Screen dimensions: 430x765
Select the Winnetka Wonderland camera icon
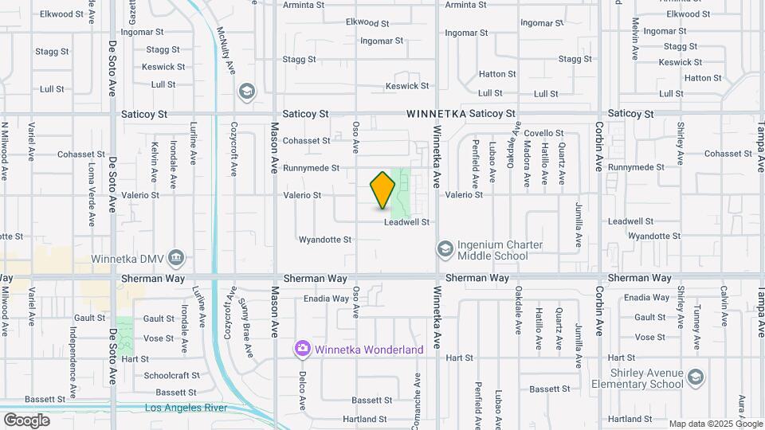pos(302,348)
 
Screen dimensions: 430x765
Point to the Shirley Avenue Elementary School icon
pos(696,376)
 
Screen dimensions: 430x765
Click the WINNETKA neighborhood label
pos(435,114)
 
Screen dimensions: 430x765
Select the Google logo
pos(26,420)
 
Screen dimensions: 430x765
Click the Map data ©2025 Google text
pos(715,424)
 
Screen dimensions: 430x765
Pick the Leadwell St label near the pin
pos(406,222)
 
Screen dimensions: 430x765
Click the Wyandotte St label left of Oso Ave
pos(324,239)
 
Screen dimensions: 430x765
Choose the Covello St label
pos(543,133)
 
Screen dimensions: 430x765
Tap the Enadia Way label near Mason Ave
pos(326,299)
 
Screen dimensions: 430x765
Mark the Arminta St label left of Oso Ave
pos(304,4)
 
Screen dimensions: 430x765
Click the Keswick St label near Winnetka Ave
pos(407,86)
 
